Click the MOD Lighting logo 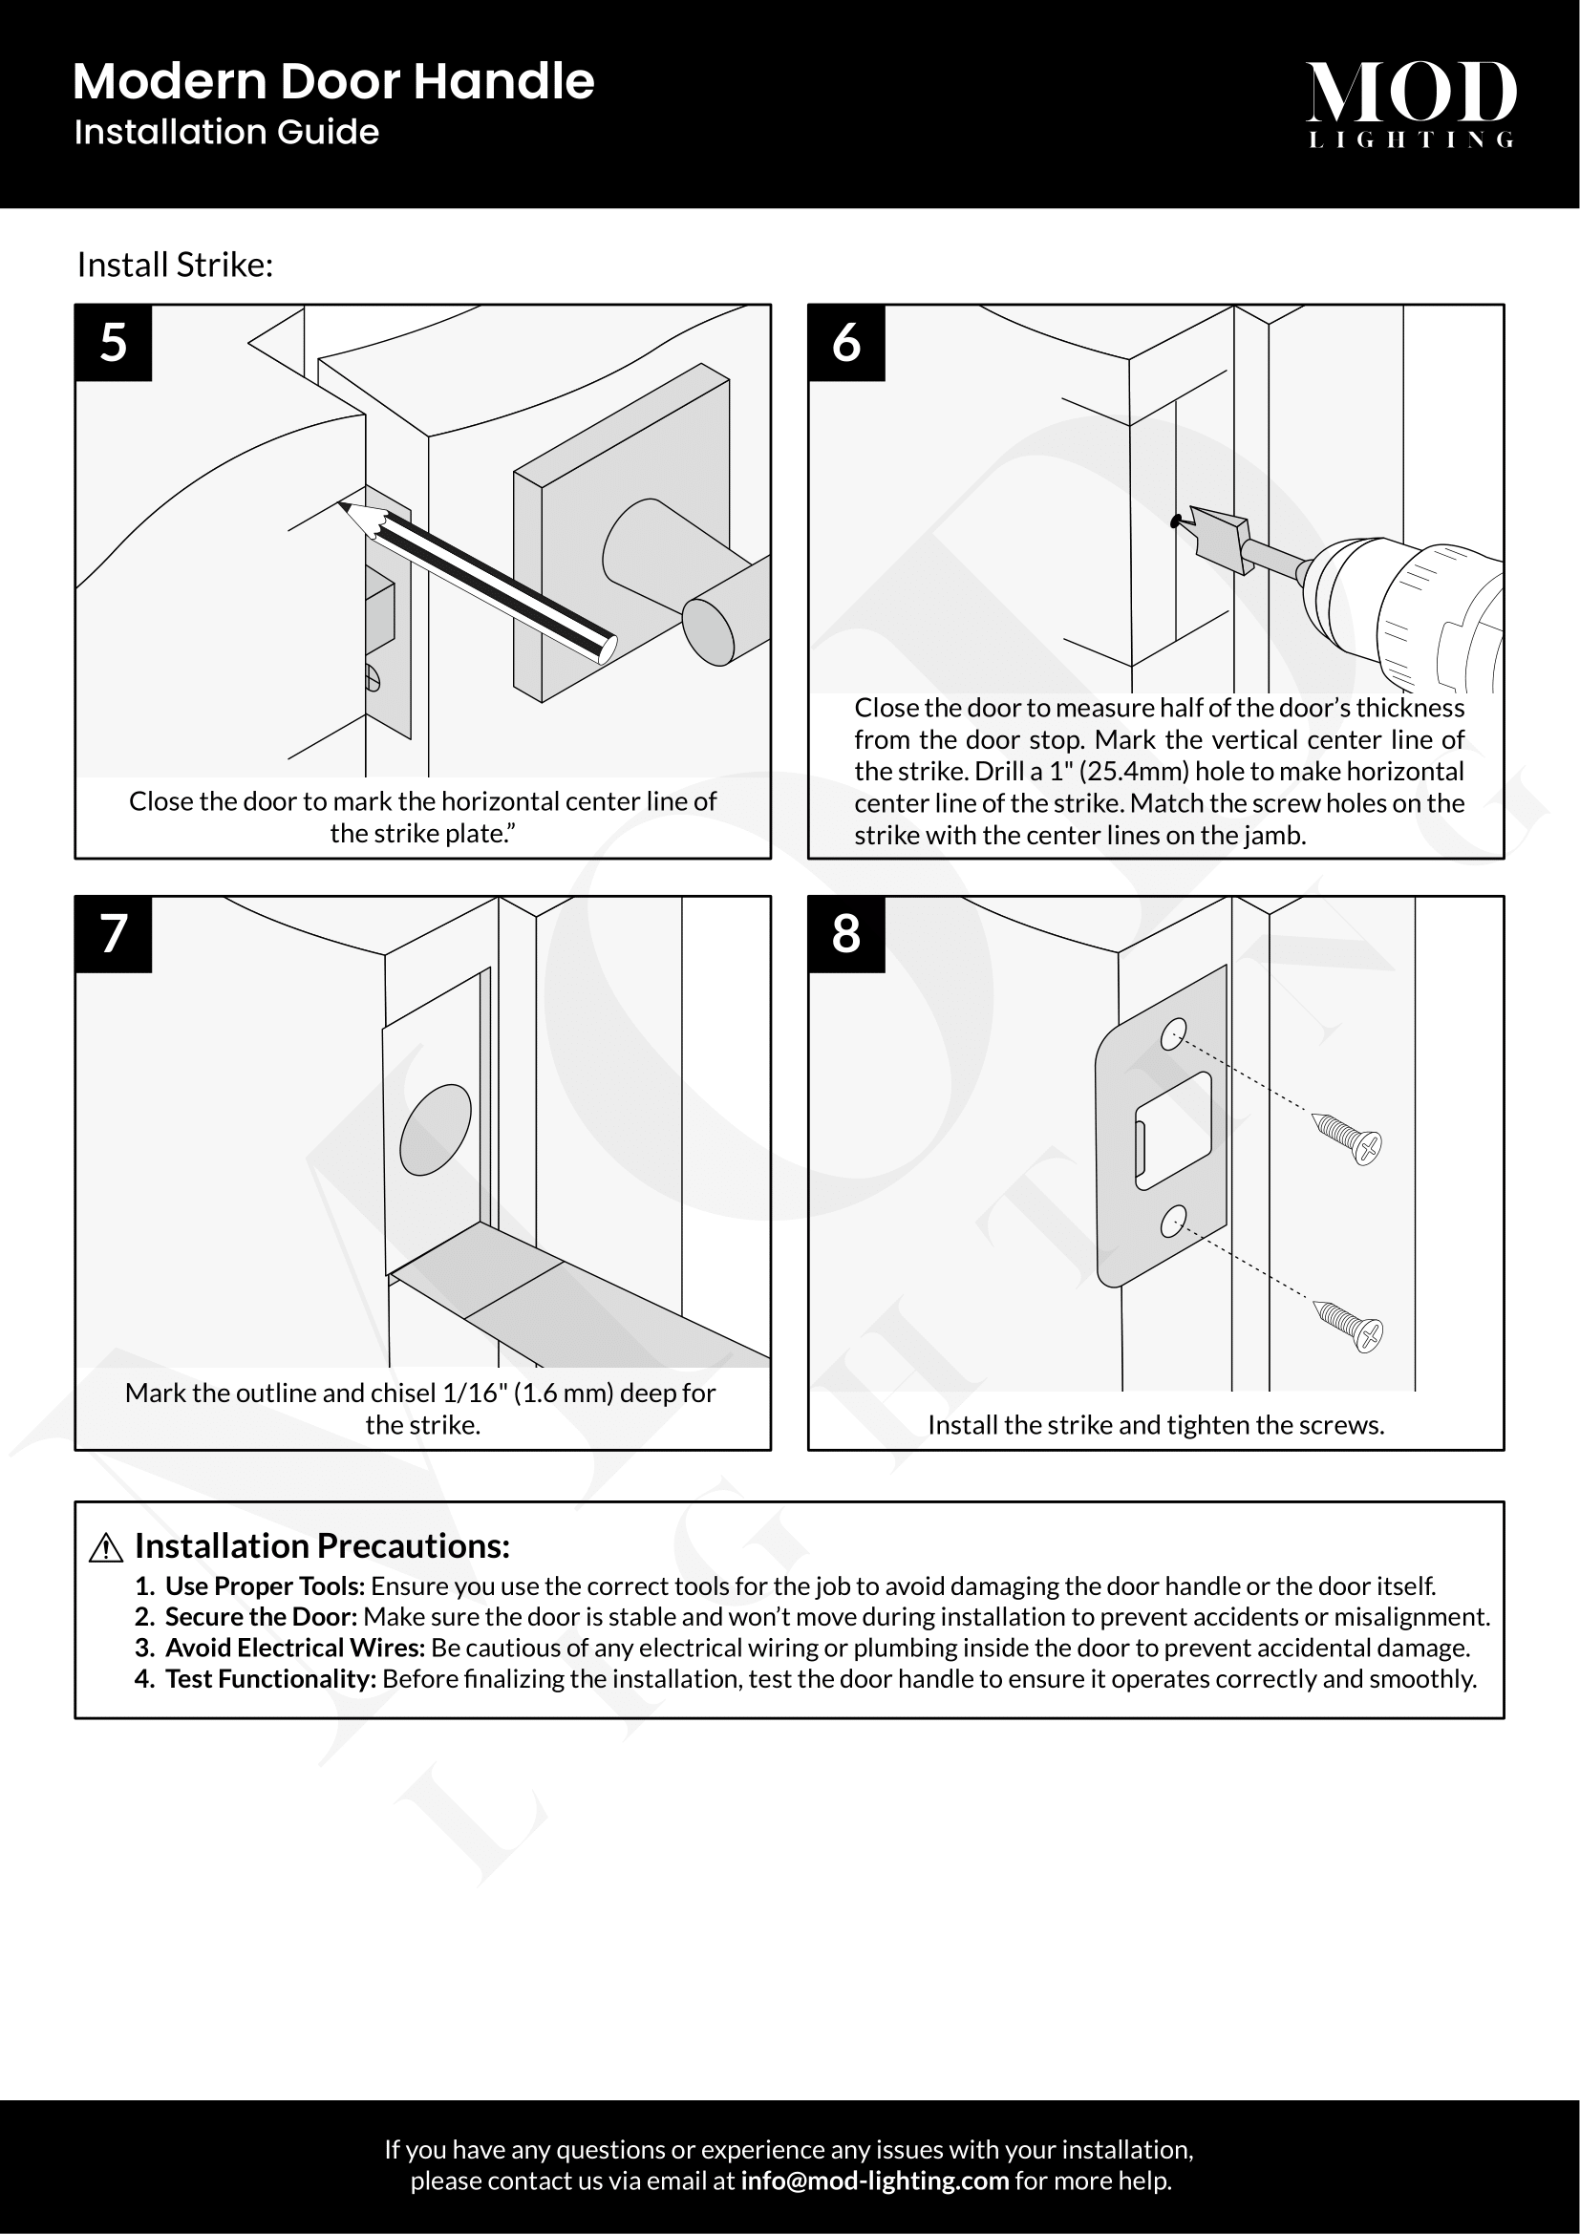pyautogui.click(x=1410, y=103)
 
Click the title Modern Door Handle pyautogui.click(x=332, y=82)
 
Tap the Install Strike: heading pyautogui.click(x=175, y=265)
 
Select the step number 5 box pyautogui.click(x=114, y=343)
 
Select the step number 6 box pyautogui.click(x=846, y=343)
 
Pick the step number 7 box pyautogui.click(x=114, y=934)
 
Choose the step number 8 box pyautogui.click(x=846, y=934)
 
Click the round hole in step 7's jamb pyautogui.click(x=435, y=1130)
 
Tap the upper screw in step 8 pyautogui.click(x=1348, y=1139)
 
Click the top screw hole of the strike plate pyautogui.click(x=1173, y=1034)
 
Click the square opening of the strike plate pyautogui.click(x=1172, y=1130)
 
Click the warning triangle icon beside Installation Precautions pyautogui.click(x=105, y=1548)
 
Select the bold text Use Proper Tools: pyautogui.click(x=265, y=1586)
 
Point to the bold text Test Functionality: pyautogui.click(x=270, y=1678)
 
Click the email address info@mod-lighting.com pyautogui.click(x=875, y=2181)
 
